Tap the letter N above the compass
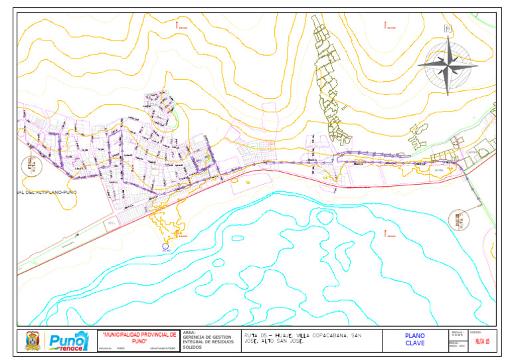point(449,29)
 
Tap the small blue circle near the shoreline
point(165,246)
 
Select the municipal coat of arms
point(32,341)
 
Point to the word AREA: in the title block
point(188,332)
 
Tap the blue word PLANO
point(414,335)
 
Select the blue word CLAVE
point(414,343)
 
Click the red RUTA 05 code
point(482,341)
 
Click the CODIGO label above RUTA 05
point(475,331)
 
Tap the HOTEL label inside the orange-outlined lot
point(438,171)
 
